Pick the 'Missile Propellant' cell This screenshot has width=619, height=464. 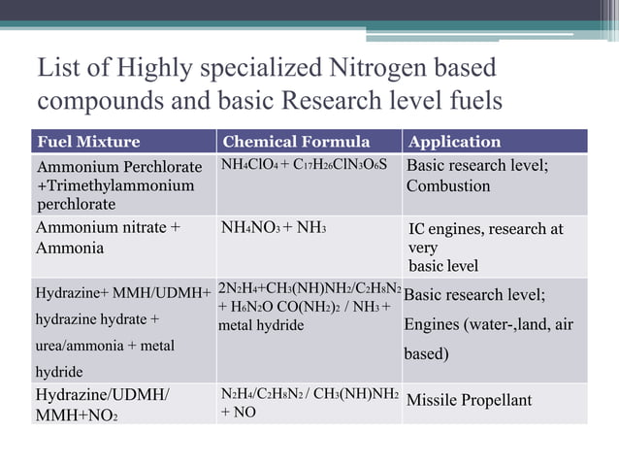click(469, 400)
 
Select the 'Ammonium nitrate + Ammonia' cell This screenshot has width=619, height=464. click(108, 238)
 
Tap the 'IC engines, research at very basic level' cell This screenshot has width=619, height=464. click(485, 247)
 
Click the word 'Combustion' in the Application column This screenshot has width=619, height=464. click(448, 185)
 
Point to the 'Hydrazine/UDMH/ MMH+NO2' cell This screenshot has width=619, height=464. click(103, 404)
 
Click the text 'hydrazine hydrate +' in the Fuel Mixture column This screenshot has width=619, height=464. click(98, 318)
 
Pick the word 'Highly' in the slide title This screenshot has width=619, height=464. click(153, 70)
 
